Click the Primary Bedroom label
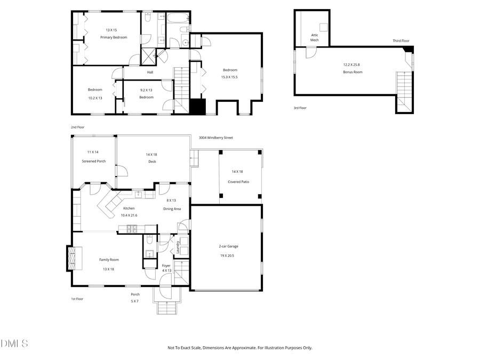pos(113,37)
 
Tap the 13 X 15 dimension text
pos(111,30)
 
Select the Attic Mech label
pos(315,38)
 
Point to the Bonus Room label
pos(353,71)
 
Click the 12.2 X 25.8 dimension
pos(353,65)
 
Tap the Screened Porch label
pos(93,161)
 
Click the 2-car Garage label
pos(228,246)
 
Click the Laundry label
pos(176,247)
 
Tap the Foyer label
pos(166,265)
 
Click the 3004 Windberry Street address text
pos(216,138)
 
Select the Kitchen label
pos(129,208)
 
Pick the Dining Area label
pos(172,209)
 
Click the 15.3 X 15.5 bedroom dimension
pos(229,77)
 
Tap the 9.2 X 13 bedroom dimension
pos(146,90)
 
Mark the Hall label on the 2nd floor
pos(150,73)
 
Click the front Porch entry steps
pos(167,308)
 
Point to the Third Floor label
pos(401,41)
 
